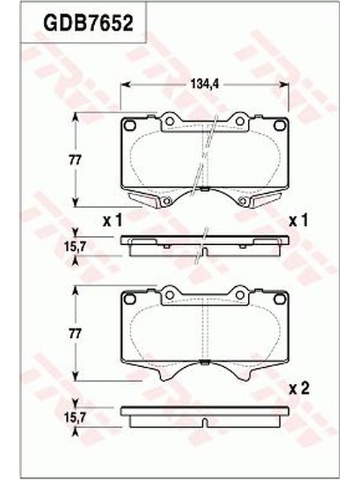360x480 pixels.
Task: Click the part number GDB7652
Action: click(x=88, y=23)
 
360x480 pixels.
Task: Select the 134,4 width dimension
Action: click(x=205, y=84)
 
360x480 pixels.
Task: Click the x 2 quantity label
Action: click(x=299, y=389)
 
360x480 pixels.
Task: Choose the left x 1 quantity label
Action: click(x=112, y=220)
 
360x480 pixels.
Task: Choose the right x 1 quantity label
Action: click(x=298, y=220)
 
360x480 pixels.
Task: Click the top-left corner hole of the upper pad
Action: click(x=130, y=125)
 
